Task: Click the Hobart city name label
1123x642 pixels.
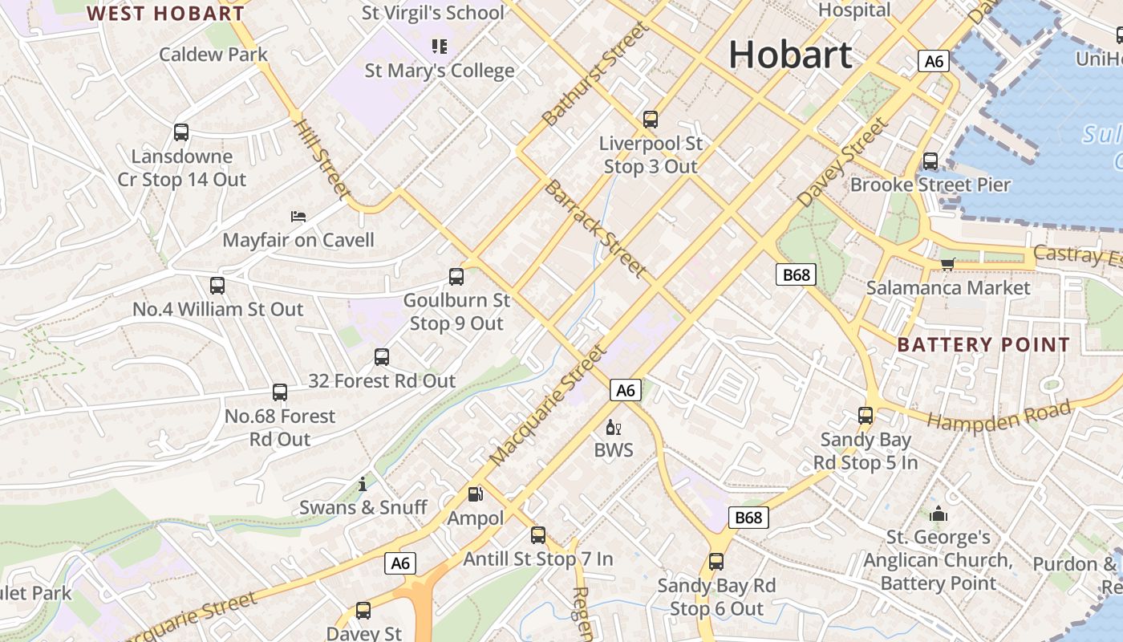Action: coord(790,55)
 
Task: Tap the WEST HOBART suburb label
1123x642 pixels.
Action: coord(165,14)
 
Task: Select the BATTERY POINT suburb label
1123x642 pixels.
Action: coord(983,345)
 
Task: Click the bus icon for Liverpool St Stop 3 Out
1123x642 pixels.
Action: coord(651,120)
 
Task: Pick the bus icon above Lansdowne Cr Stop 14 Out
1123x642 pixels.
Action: coord(181,132)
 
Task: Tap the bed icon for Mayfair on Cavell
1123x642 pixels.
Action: coord(298,217)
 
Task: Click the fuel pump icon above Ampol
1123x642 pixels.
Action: coord(476,494)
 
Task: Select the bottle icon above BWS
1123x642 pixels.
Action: coord(614,427)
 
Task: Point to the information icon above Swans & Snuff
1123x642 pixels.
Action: coord(363,484)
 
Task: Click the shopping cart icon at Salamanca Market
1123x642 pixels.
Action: coord(947,264)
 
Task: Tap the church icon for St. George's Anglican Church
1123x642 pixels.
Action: coord(938,514)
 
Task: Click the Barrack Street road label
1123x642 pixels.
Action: coord(595,228)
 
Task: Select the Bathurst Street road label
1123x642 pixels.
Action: coord(594,75)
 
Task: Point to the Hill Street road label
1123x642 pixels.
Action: coord(322,158)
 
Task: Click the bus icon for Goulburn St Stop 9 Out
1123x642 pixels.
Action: coord(456,277)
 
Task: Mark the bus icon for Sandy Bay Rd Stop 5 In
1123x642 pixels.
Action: coord(866,416)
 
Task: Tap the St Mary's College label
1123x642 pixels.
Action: coord(440,71)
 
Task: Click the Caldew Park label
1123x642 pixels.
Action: coord(213,55)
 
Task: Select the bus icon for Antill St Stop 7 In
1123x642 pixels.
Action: coord(538,535)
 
